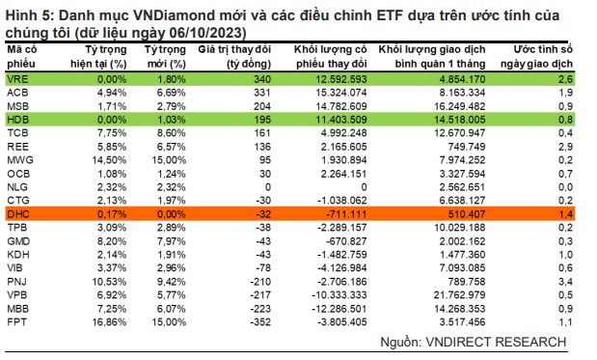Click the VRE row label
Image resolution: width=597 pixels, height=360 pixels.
tap(17, 76)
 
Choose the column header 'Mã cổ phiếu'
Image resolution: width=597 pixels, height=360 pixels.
tap(25, 53)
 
